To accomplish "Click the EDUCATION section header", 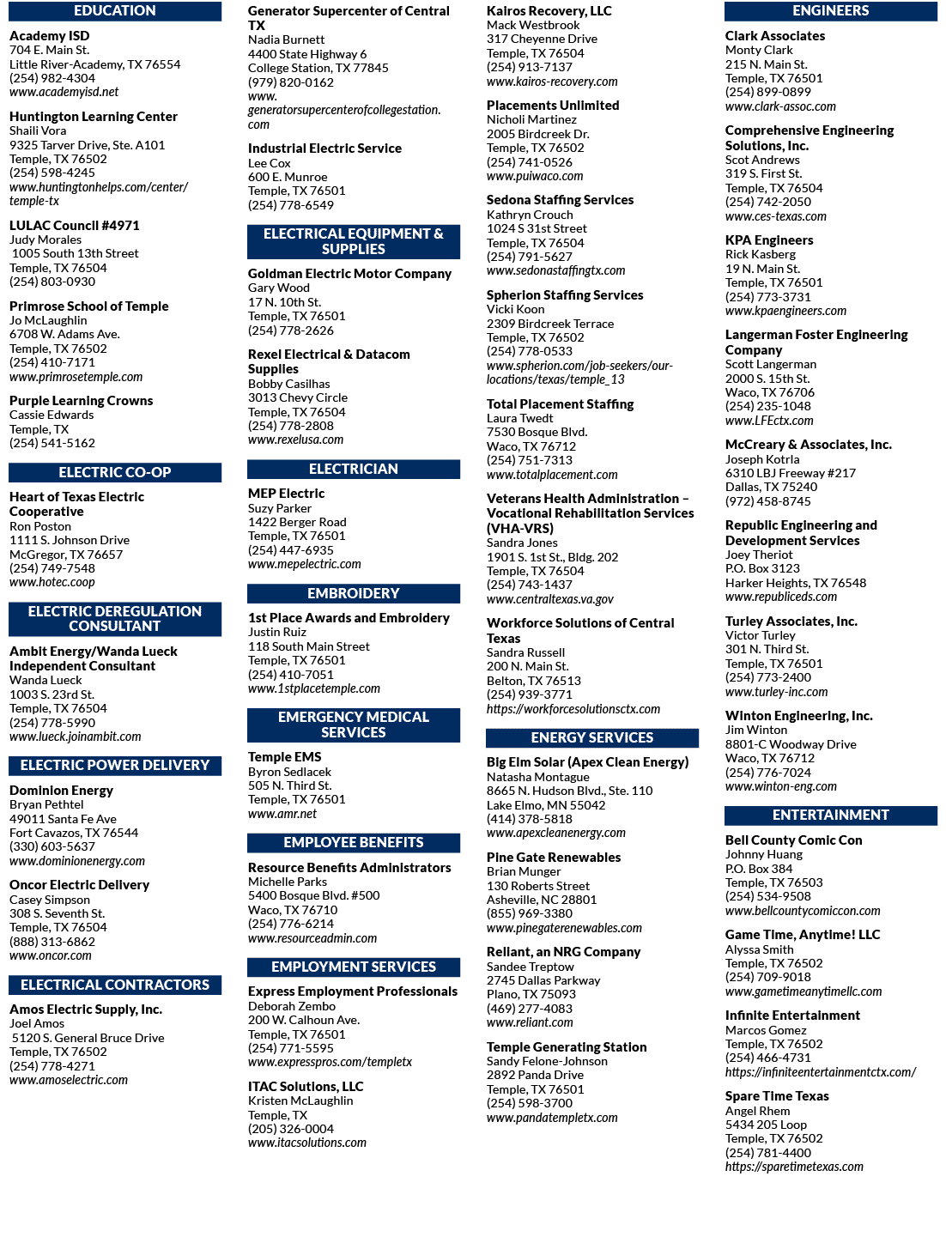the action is tap(114, 11).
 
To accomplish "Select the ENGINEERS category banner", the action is tap(830, 11).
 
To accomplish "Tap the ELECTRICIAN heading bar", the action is tap(354, 469).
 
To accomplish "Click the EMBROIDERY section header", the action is tap(354, 593).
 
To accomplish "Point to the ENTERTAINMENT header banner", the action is tap(830, 816).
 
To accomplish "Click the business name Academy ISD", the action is tap(50, 36).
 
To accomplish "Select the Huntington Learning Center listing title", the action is tap(94, 117).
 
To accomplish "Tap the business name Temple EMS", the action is tap(284, 757).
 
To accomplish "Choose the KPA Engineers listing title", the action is tap(769, 240).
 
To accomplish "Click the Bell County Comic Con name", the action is tap(793, 840).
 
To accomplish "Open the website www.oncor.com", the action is tap(50, 955).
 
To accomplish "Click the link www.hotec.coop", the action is tap(52, 582).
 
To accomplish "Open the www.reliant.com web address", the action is tap(530, 1022).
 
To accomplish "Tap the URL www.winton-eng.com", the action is tap(781, 786).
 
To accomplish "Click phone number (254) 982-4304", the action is tap(52, 78).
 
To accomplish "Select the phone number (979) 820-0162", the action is tap(291, 82).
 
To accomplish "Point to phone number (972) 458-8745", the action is tap(768, 501).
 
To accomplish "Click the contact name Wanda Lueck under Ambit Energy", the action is tap(45, 680).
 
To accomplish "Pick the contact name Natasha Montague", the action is tap(538, 777).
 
